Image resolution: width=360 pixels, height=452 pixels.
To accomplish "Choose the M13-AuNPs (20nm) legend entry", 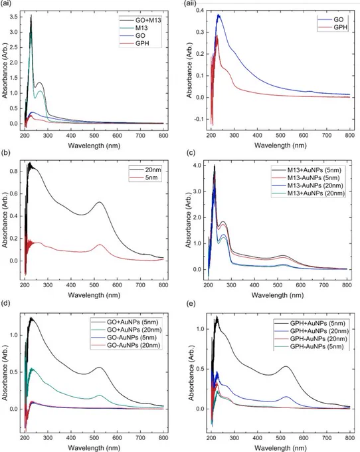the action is click(x=308, y=185).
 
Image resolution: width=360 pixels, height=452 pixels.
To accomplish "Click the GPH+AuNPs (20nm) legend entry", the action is click(x=311, y=331).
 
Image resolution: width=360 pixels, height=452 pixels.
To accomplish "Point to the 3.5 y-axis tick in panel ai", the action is click(x=13, y=17).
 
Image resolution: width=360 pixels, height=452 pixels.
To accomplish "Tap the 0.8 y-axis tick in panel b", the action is click(x=13, y=171).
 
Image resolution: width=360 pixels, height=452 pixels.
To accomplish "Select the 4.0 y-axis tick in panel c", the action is click(x=197, y=166).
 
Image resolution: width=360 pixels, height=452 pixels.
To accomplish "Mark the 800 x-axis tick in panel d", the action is click(x=163, y=438).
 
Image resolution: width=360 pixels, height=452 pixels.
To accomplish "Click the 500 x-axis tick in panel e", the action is click(x=280, y=438).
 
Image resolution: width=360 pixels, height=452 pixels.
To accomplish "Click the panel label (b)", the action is click(x=6, y=153).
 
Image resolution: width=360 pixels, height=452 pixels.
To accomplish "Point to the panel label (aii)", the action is click(x=190, y=3).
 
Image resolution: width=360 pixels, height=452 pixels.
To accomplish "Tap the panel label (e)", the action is click(x=191, y=304).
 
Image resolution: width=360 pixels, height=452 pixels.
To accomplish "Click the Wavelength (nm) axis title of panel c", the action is click(x=278, y=295).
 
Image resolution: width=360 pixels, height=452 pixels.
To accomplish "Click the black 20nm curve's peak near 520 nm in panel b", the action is click(x=100, y=202).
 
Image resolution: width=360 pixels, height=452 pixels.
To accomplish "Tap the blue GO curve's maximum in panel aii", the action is click(x=219, y=15).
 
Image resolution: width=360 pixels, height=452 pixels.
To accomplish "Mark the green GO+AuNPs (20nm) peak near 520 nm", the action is click(x=100, y=395).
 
